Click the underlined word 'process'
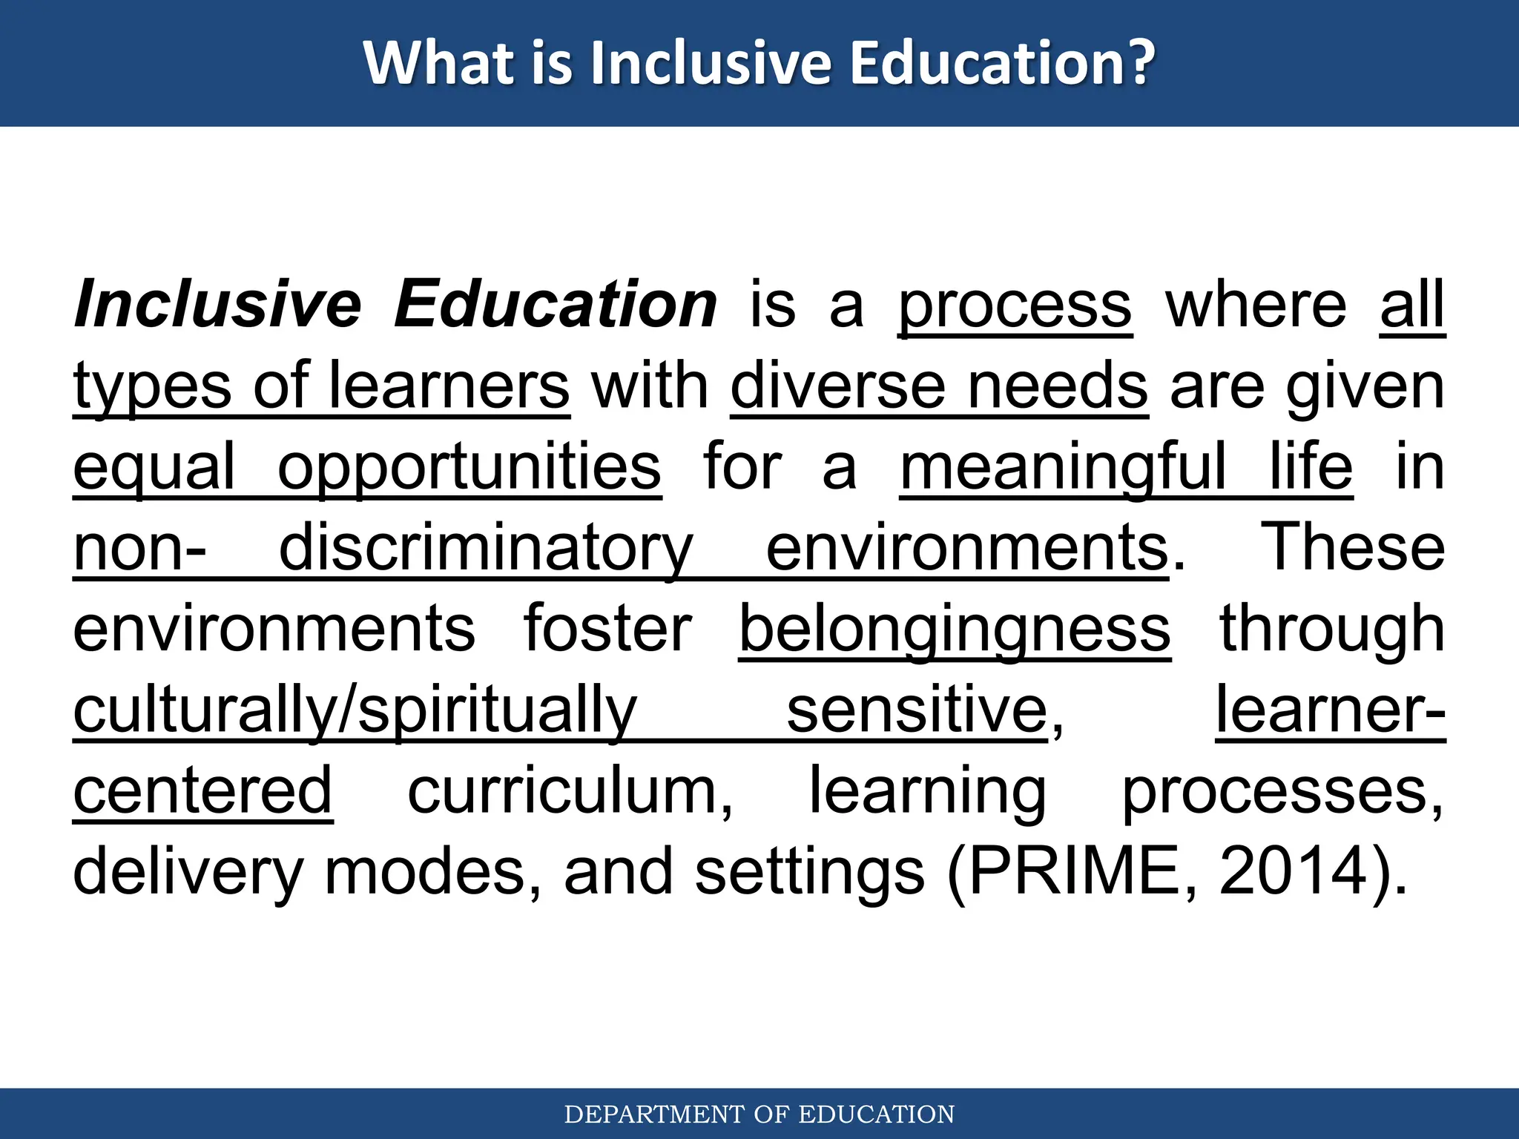pos(1015,306)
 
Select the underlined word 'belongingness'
pos(955,630)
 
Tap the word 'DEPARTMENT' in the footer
pos(655,1115)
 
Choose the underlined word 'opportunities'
pos(469,468)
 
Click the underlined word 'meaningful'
pos(1063,468)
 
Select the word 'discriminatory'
pos(486,549)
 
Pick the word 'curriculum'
pos(570,791)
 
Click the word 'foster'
pos(607,629)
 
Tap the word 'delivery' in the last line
pos(188,873)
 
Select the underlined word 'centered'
pos(202,791)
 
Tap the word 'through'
pos(1332,630)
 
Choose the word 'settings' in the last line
pos(809,873)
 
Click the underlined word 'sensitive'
pos(917,710)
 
